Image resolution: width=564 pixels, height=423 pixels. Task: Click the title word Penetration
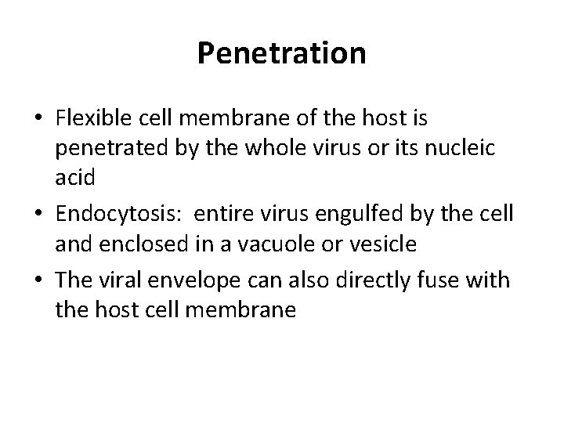(x=282, y=53)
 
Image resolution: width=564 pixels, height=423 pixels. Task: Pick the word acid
(x=75, y=178)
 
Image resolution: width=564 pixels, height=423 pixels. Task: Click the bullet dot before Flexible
(x=38, y=119)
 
